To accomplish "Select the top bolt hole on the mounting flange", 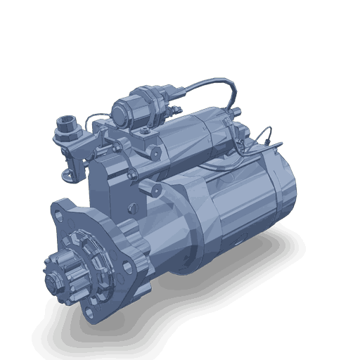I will point(62,210).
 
